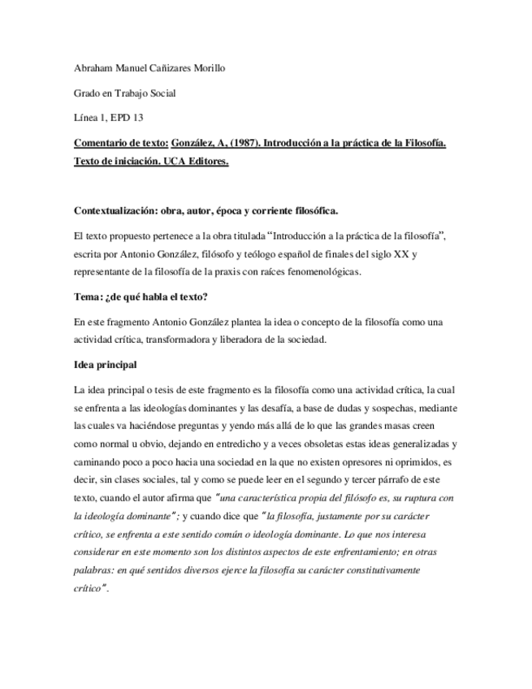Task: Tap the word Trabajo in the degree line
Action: (x=138, y=93)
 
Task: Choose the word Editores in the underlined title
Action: (x=206, y=162)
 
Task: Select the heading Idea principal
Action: (x=106, y=365)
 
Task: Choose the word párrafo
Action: (x=375, y=479)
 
